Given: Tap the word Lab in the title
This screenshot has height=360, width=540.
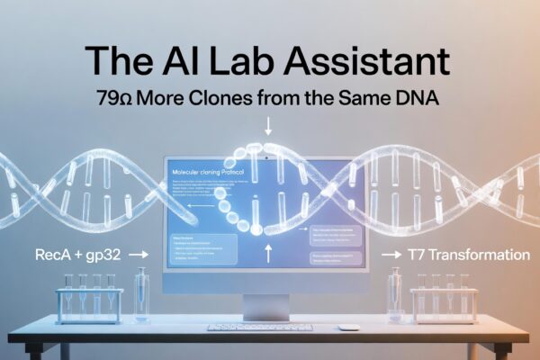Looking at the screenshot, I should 248,62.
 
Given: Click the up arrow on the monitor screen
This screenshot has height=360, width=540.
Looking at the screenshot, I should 267,254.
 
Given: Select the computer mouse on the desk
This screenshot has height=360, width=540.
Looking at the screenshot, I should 348,327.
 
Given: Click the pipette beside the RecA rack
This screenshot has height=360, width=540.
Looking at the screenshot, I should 140,292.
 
